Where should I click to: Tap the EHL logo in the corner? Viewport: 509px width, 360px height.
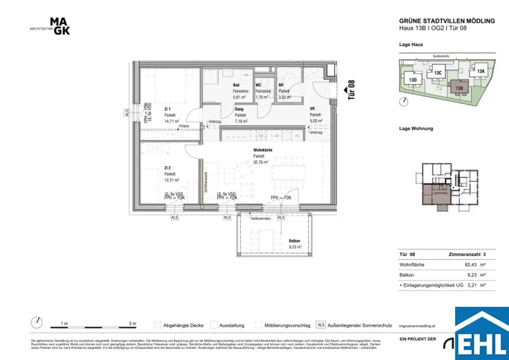point(482,334)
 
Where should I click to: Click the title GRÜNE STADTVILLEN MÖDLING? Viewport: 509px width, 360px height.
point(447,21)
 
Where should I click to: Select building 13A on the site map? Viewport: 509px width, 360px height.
point(480,71)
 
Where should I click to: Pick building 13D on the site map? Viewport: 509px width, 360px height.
point(413,80)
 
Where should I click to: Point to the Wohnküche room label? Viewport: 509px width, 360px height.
point(262,150)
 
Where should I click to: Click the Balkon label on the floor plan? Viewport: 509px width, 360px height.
point(295,241)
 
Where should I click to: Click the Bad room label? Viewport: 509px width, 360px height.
point(237,85)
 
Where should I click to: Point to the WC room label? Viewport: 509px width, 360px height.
point(258,85)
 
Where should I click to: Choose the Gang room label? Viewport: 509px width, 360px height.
point(239,108)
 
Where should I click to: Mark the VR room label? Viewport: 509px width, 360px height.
point(313,108)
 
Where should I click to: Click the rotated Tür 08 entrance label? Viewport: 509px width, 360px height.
point(351,90)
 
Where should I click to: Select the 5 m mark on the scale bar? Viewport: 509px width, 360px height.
point(132,324)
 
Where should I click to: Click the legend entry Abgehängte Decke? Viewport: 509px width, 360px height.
point(183,326)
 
